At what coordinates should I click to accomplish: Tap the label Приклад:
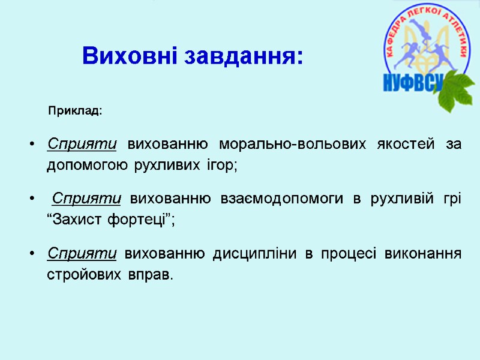coord(75,111)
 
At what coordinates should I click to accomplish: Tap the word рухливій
coord(394,199)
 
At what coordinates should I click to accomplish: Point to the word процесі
coord(348,254)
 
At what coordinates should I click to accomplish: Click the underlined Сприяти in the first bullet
coord(82,145)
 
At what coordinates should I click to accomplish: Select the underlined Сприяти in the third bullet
coord(82,253)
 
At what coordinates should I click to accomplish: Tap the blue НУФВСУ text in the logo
coord(412,82)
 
